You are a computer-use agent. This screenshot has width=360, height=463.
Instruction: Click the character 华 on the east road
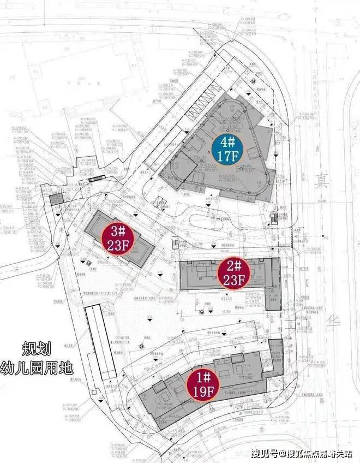(x=333, y=322)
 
